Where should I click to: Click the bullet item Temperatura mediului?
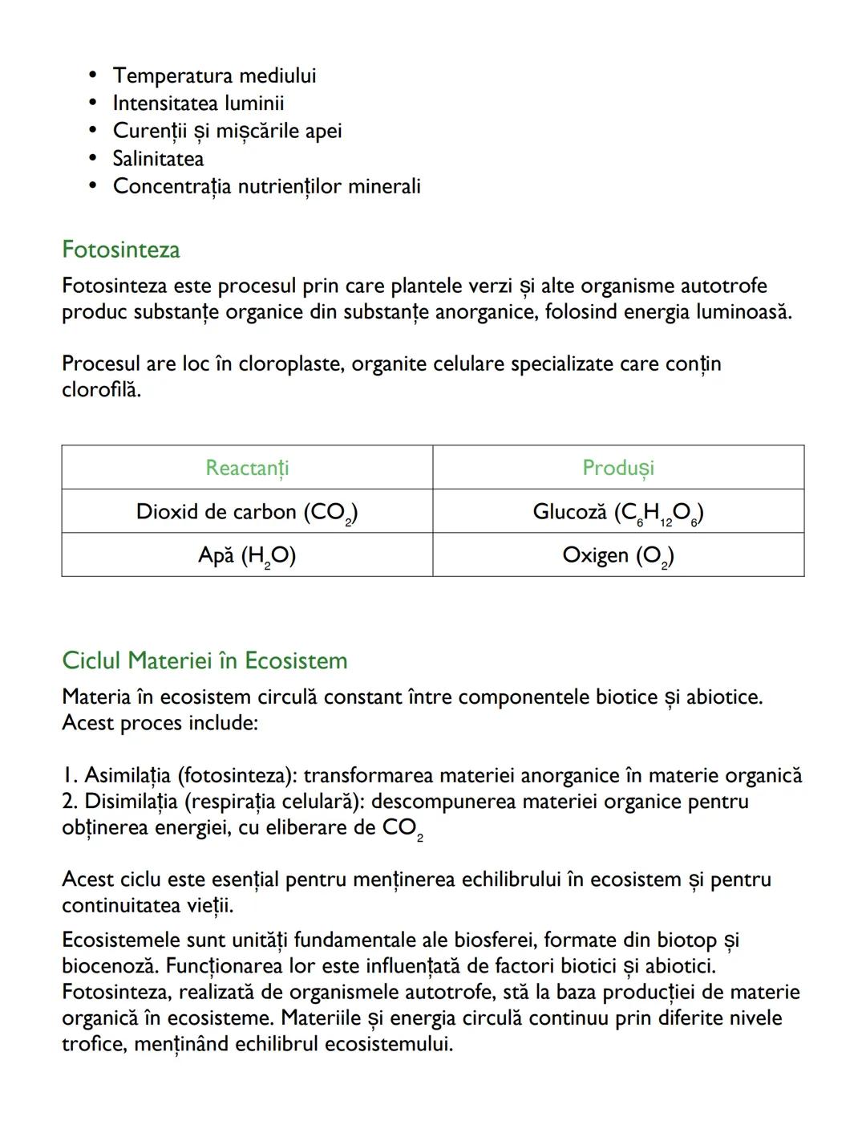coord(214,75)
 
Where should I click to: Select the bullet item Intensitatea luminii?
coord(198,104)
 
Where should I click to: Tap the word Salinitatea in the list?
coord(158,159)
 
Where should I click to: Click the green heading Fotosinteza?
coord(121,250)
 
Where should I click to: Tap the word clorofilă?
coord(100,390)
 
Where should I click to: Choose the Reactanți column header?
coord(247,468)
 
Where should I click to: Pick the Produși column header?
coord(618,468)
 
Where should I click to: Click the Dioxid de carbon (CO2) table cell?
coord(247,512)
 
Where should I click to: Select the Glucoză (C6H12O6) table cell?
coord(618,512)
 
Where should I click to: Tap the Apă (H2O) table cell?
coord(247,555)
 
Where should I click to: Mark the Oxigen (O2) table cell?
coord(618,555)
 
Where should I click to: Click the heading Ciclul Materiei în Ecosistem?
coord(204,660)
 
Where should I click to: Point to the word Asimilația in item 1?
coord(127,775)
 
